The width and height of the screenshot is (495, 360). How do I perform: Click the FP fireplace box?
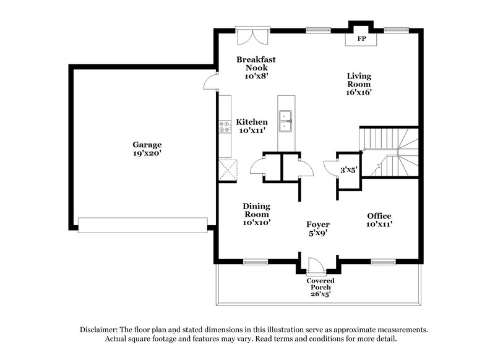click(359, 38)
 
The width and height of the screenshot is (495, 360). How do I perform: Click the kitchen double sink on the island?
click(286, 121)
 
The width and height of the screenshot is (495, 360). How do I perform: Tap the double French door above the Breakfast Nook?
click(252, 35)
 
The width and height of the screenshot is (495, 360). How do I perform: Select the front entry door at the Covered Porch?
click(316, 267)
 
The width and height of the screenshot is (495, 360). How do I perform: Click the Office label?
click(379, 216)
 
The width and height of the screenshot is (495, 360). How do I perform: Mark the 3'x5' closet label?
click(348, 169)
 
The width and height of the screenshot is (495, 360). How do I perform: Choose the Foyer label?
click(318, 224)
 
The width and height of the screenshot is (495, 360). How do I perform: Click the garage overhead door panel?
click(143, 225)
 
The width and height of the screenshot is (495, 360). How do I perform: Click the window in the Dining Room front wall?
click(254, 262)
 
